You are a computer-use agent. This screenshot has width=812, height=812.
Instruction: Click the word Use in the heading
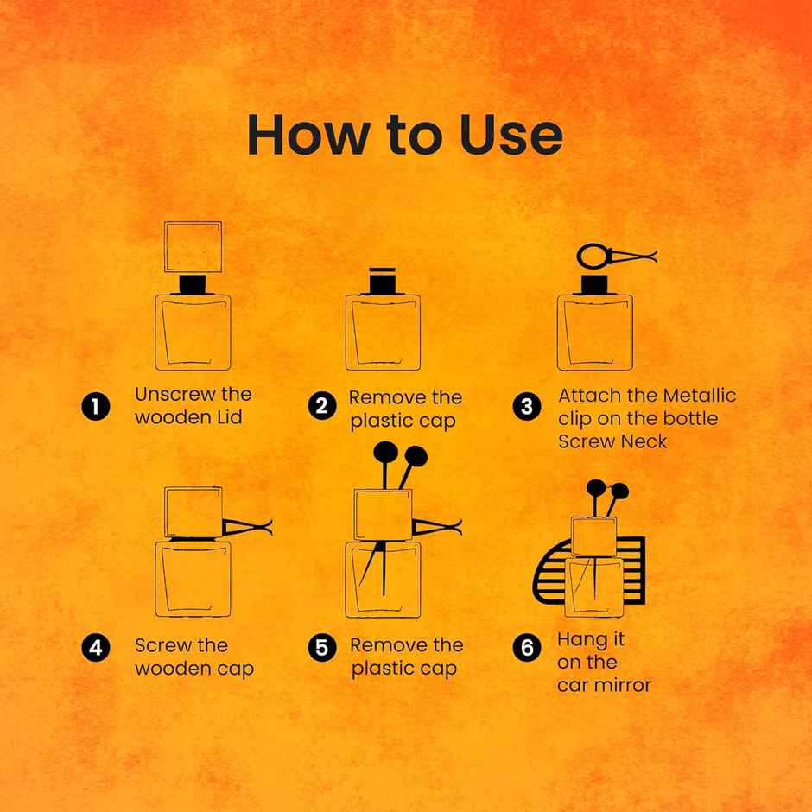click(511, 135)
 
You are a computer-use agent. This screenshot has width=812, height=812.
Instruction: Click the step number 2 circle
click(322, 405)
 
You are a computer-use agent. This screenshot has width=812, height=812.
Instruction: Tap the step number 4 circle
click(96, 647)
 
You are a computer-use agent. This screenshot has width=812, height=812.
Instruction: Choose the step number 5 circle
click(322, 647)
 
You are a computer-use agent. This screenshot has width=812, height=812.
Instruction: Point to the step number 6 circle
click(527, 647)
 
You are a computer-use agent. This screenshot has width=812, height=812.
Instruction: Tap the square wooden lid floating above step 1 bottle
click(193, 246)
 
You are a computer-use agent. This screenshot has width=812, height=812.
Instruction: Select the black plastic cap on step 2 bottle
click(382, 281)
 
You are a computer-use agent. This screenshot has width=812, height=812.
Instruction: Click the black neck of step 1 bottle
click(193, 284)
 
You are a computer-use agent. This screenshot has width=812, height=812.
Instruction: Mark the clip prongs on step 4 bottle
click(247, 527)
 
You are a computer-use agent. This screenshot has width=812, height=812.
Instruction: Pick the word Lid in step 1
click(230, 417)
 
